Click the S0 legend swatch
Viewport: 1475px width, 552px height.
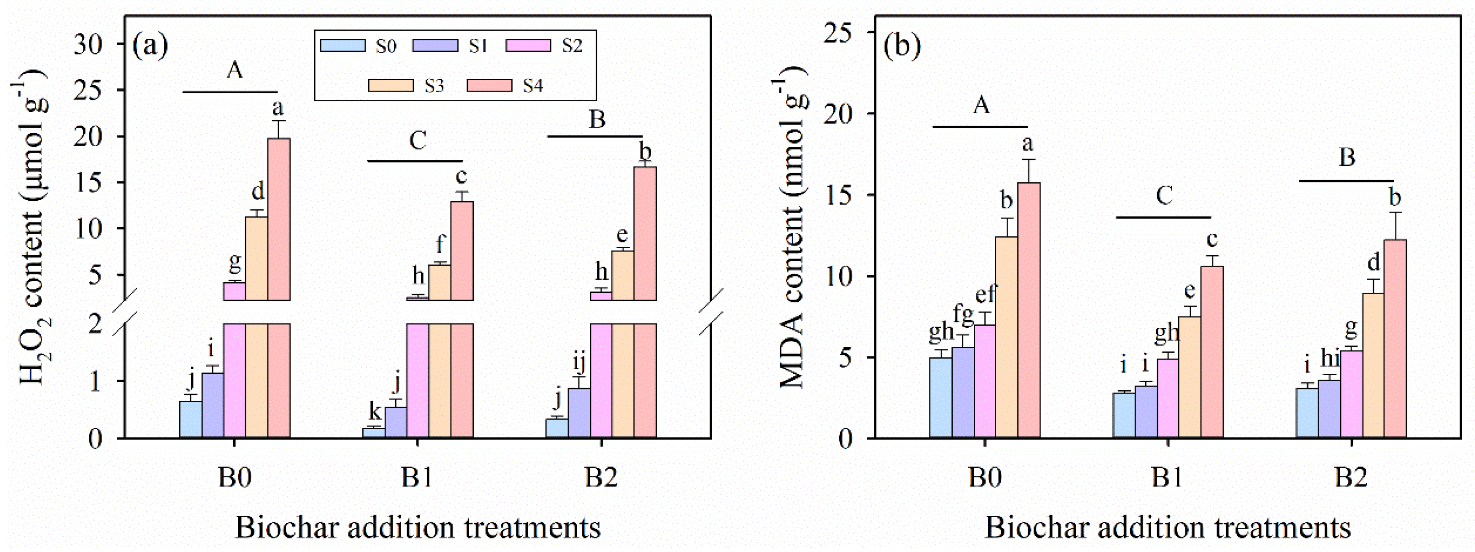click(x=343, y=46)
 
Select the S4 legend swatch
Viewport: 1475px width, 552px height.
click(x=489, y=85)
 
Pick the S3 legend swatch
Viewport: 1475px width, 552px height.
click(x=391, y=85)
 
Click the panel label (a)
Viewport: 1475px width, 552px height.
click(x=150, y=46)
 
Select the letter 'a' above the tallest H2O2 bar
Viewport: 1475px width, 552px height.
click(x=278, y=107)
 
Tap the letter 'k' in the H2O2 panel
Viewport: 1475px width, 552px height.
click(x=375, y=411)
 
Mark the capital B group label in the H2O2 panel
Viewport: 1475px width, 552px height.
click(x=597, y=120)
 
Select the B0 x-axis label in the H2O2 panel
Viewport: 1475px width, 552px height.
click(x=235, y=477)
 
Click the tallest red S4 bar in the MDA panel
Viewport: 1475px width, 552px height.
click(x=1029, y=310)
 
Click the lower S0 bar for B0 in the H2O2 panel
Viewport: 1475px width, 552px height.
click(x=191, y=420)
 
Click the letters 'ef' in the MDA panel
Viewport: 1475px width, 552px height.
click(x=986, y=295)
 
